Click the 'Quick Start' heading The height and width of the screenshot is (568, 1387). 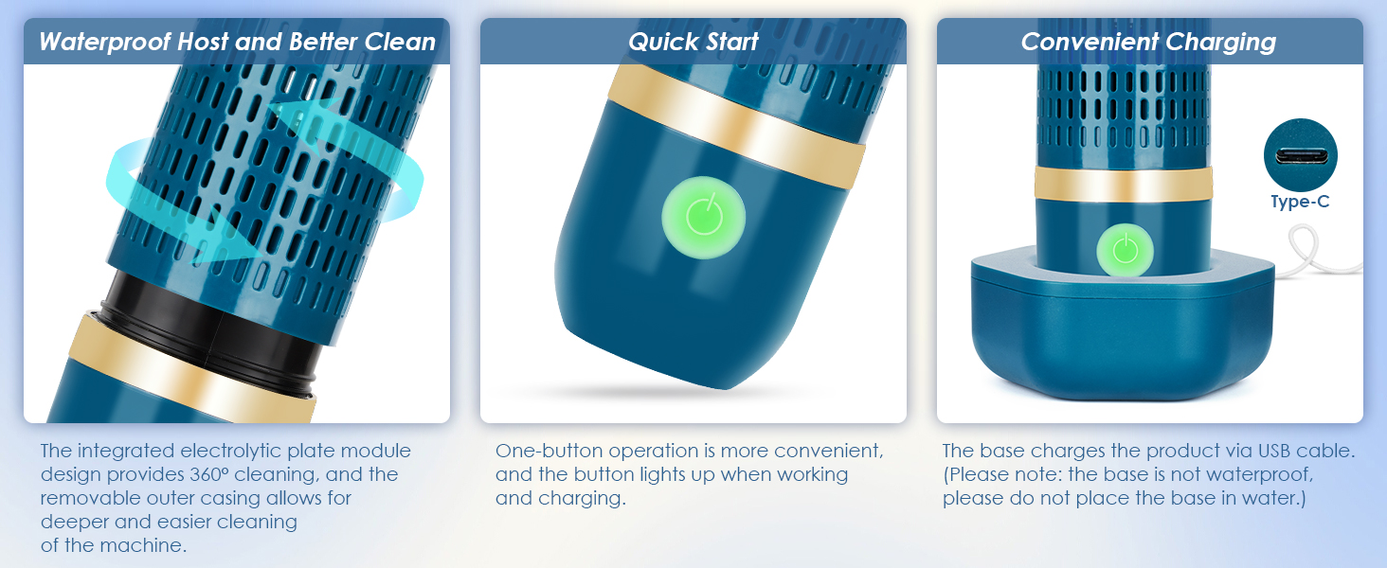693,42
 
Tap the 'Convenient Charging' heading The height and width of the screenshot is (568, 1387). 1148,42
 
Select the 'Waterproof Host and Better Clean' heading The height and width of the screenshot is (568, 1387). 237,42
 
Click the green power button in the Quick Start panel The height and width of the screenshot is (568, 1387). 703,216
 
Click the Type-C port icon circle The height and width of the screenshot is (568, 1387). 1300,156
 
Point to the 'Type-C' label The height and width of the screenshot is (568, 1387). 1300,203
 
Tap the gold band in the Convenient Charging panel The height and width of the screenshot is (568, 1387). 1124,183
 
